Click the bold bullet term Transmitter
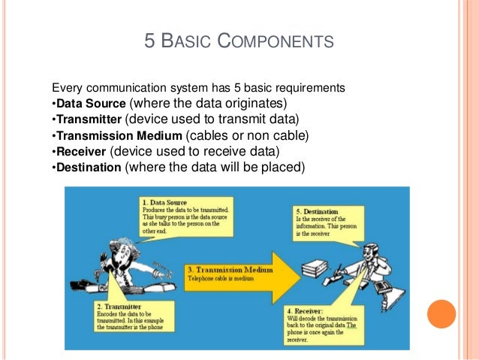[88, 119]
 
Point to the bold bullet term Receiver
[81, 153]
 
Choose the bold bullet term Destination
[89, 169]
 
